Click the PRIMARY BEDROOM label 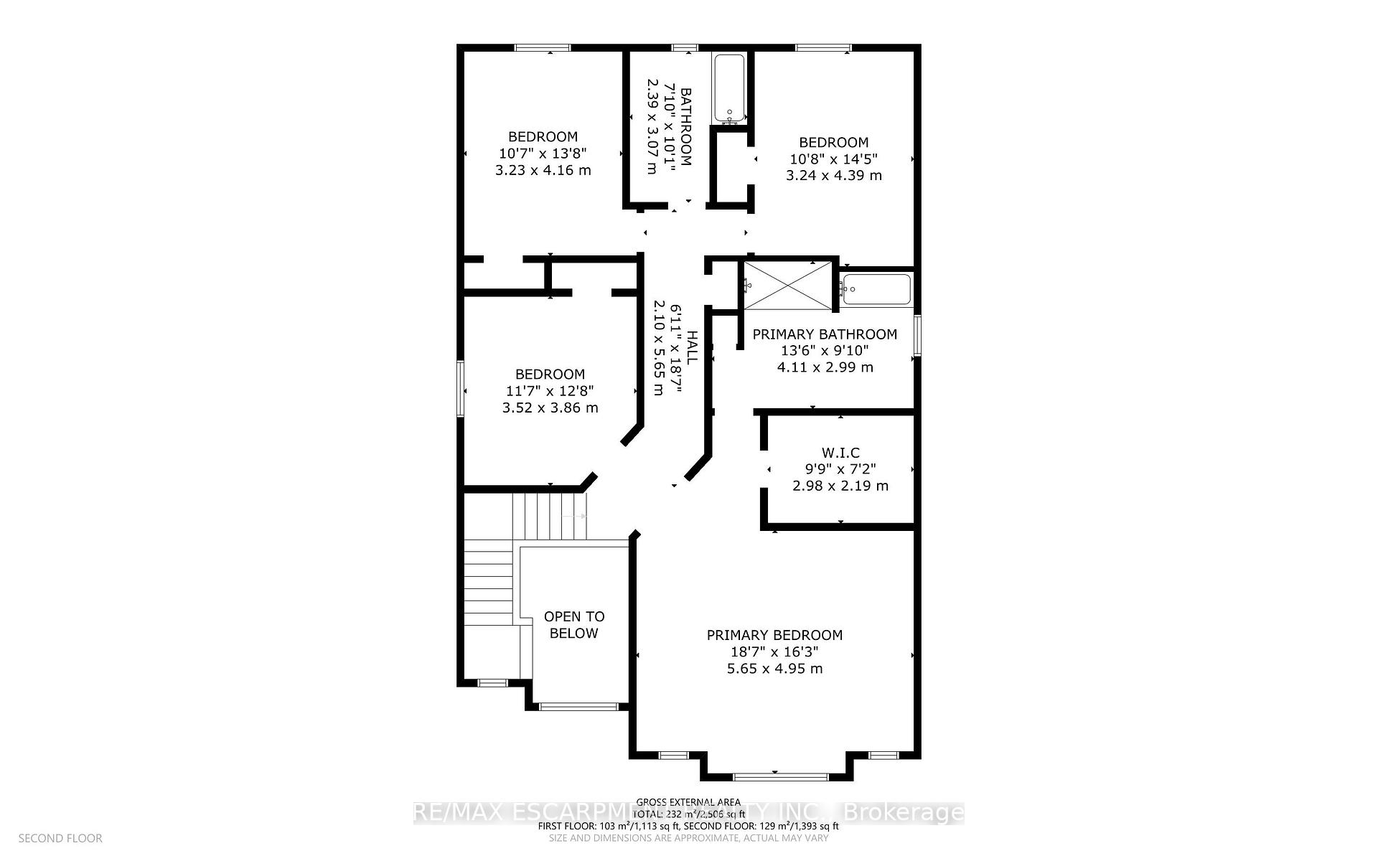point(774,635)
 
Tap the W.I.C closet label point(840,453)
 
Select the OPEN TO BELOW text point(574,624)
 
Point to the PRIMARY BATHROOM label point(825,334)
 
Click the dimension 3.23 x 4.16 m point(543,170)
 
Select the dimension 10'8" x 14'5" point(833,159)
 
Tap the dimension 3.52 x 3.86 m point(550,408)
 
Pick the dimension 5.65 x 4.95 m point(774,669)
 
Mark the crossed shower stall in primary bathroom point(789,286)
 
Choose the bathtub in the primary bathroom point(876,289)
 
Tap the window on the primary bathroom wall point(917,334)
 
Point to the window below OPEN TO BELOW point(578,707)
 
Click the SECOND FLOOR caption point(60,838)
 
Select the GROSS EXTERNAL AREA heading point(688,802)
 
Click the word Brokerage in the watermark point(903,813)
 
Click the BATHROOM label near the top point(686,127)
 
